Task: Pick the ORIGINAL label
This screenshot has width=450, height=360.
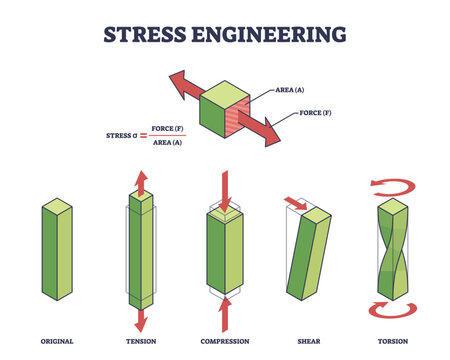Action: (x=55, y=341)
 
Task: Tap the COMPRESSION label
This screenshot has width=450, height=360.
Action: (x=225, y=341)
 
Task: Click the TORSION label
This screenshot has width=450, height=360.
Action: (x=394, y=341)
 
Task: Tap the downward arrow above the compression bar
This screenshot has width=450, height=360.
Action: (x=224, y=196)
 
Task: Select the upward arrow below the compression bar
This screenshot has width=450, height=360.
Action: (x=224, y=313)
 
